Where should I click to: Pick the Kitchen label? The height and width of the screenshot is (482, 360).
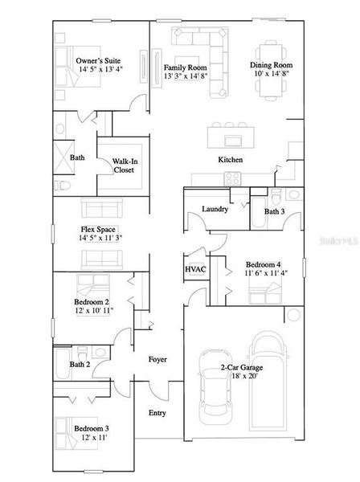coord(231,160)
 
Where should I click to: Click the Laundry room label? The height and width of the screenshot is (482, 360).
coord(215,210)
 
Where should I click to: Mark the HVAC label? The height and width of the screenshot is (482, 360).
coord(196,269)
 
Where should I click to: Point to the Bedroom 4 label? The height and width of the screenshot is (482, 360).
coord(262,264)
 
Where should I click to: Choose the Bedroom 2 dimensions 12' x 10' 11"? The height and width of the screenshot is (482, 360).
coord(95,310)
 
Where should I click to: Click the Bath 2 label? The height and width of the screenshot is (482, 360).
coord(79,365)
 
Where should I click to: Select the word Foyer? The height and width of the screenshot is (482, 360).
coord(157,359)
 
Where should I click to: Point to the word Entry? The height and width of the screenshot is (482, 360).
coord(157,413)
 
